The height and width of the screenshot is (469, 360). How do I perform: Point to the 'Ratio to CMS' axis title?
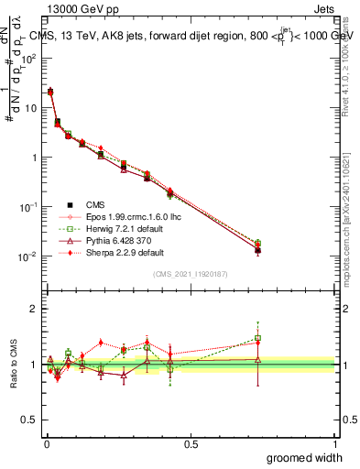14,360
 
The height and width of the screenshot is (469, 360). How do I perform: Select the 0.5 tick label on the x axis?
191,443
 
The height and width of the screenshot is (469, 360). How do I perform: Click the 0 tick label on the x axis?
46,443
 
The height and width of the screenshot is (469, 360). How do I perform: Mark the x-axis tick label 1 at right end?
334,443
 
